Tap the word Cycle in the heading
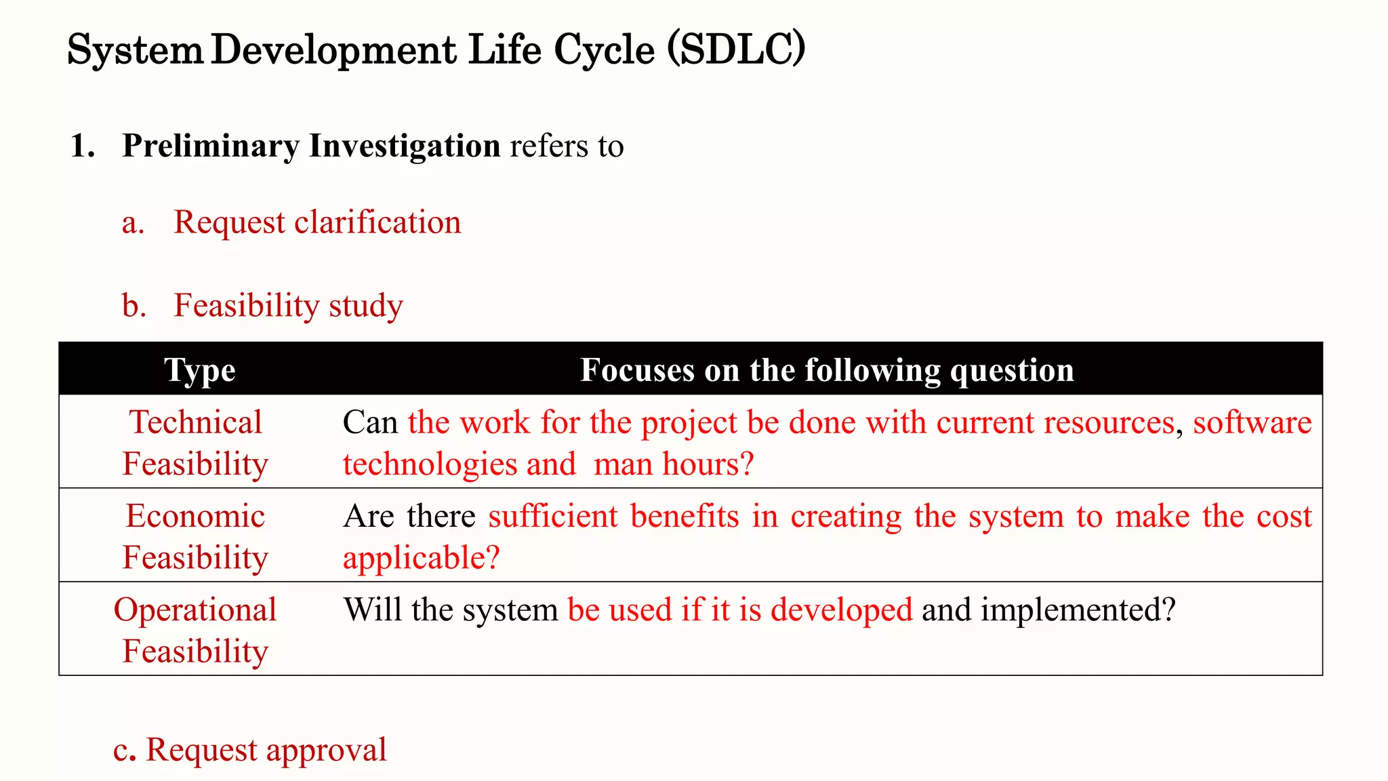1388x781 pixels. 604,50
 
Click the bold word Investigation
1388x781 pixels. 405,146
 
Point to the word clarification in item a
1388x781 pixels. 377,222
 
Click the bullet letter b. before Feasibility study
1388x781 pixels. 134,306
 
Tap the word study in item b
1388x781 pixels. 366,306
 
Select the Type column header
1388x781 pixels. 200,370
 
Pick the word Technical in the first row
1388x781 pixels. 195,422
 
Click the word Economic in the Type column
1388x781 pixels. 195,516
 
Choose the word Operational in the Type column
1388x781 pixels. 195,609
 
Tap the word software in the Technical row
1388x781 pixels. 1252,422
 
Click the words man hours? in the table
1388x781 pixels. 674,464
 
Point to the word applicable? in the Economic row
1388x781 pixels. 421,558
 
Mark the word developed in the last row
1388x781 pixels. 842,609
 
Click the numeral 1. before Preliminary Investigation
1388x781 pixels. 83,146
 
